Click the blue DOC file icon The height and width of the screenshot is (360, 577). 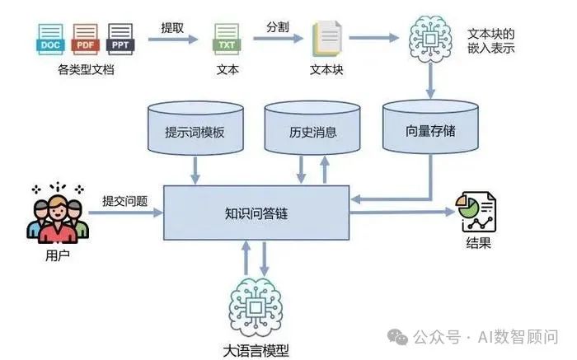(51, 39)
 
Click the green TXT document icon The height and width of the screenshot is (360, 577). (226, 40)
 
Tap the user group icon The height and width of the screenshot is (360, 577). (57, 212)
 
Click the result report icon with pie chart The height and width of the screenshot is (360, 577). (476, 212)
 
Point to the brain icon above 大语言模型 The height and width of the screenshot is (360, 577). (256, 306)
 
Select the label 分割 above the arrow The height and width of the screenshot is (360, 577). (278, 26)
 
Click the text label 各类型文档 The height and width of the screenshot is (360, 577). (86, 69)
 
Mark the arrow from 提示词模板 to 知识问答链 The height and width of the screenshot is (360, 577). (195, 171)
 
